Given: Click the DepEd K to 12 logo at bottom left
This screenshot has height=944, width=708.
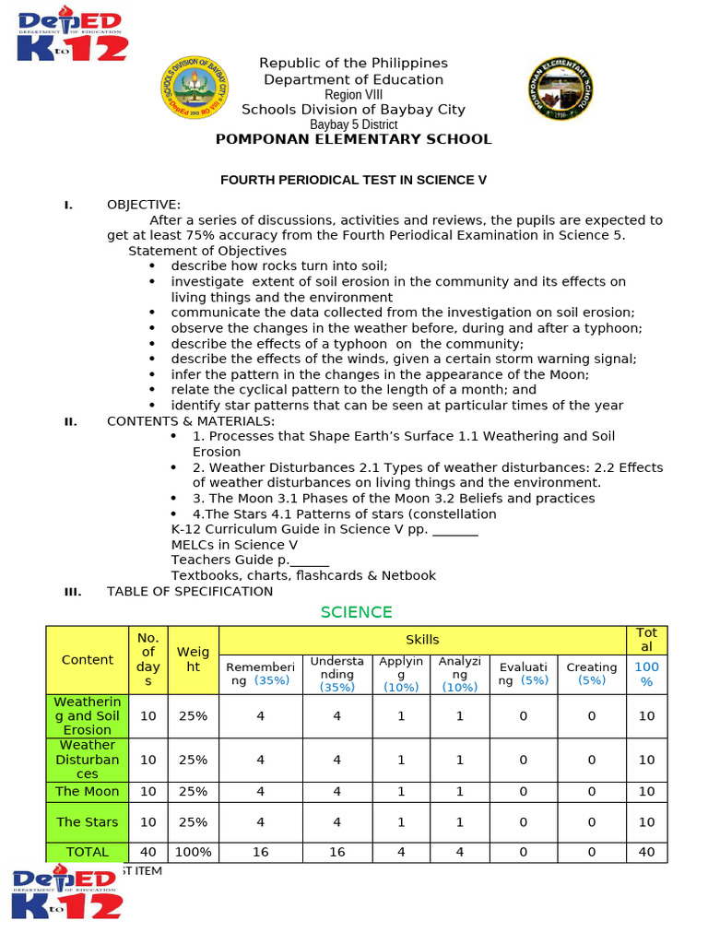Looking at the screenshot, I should pyautogui.click(x=67, y=894).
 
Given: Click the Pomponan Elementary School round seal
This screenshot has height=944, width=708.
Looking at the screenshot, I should pyautogui.click(x=559, y=88).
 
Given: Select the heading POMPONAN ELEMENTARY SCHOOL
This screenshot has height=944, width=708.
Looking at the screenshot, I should pyautogui.click(x=353, y=139).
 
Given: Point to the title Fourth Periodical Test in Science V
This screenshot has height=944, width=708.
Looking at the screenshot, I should pyautogui.click(x=353, y=180).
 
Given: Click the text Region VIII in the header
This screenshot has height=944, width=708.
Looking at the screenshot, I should pyautogui.click(x=353, y=95).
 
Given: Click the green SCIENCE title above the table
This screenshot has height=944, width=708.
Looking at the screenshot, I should pyautogui.click(x=356, y=612).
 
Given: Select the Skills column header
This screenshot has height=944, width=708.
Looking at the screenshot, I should pyautogui.click(x=422, y=639).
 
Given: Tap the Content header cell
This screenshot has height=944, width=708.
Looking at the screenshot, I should pyautogui.click(x=88, y=660).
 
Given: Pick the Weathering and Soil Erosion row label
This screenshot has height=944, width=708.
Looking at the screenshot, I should pyautogui.click(x=88, y=715).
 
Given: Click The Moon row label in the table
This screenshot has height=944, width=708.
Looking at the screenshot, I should pyautogui.click(x=88, y=791).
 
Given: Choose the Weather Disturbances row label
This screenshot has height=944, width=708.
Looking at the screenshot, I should pyautogui.click(x=88, y=760).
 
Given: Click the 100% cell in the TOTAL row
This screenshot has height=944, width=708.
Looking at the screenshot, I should pyautogui.click(x=194, y=852).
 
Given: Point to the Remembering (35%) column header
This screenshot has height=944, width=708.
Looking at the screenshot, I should pyautogui.click(x=261, y=674).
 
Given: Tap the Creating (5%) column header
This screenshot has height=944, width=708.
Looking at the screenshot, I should pyautogui.click(x=592, y=674).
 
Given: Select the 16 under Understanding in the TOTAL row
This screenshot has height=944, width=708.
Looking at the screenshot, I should pyautogui.click(x=337, y=852).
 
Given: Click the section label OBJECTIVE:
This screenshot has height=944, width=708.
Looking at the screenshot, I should pyautogui.click(x=144, y=205).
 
